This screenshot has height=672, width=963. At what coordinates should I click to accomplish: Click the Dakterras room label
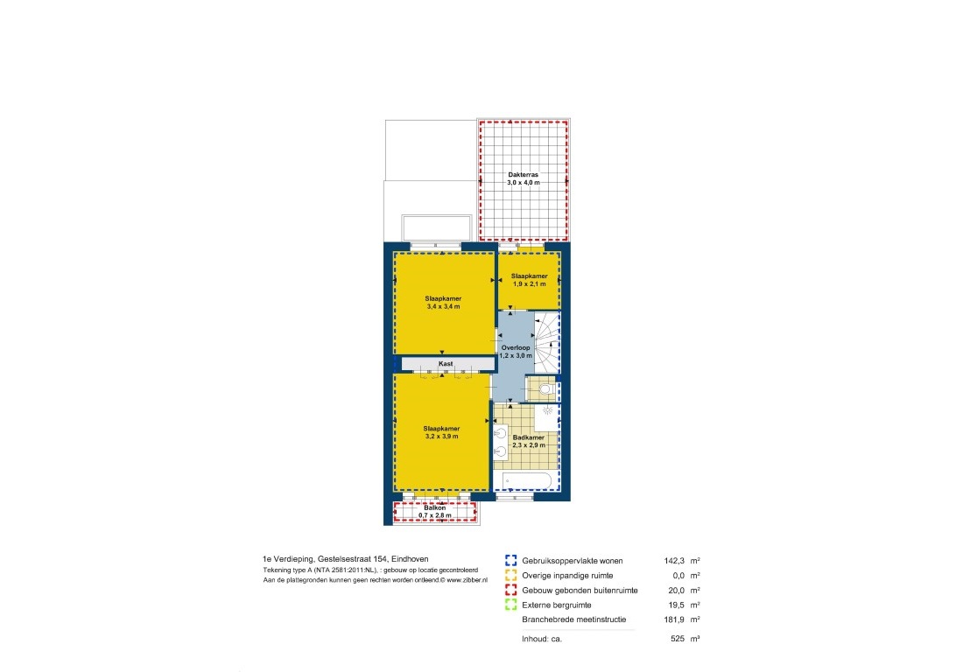coord(524,175)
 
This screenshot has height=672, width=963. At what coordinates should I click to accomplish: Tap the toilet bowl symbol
coord(546,389)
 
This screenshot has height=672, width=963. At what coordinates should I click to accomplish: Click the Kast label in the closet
coord(446,364)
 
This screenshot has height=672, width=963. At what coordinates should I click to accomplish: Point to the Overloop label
coord(516,348)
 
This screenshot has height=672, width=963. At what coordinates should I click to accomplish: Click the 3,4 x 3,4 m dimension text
coord(444,307)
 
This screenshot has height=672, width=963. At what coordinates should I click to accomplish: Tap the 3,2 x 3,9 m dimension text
coord(441,437)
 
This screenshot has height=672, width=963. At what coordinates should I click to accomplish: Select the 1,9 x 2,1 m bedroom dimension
coord(530,284)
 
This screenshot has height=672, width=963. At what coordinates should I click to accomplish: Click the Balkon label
coord(435,508)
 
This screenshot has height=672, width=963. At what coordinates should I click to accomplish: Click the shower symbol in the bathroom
coord(547,410)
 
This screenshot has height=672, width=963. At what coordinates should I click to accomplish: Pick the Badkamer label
coord(529,437)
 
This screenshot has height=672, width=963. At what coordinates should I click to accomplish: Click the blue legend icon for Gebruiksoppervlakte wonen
coord(511,560)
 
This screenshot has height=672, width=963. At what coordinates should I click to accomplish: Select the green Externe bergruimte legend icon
coord(511,605)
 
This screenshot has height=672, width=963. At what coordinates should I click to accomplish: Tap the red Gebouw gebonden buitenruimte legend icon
coord(511,590)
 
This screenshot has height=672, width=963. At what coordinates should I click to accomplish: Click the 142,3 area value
coord(674,561)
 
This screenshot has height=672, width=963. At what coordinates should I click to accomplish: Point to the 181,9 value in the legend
coord(674,619)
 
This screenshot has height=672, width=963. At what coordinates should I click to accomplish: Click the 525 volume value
coord(678,639)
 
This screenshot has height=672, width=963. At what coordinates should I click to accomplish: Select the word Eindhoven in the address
coord(410,559)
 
